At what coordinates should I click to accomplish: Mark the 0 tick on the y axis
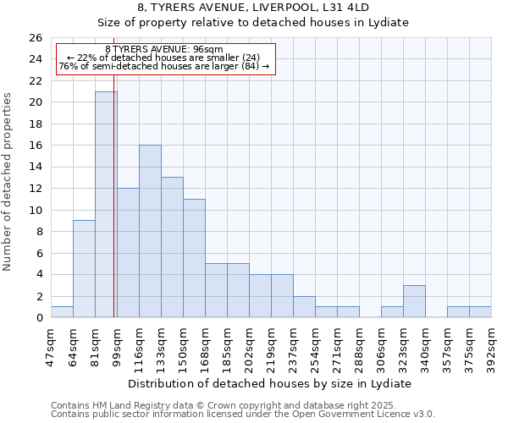(38, 318)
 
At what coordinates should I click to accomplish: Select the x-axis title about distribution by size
(271, 383)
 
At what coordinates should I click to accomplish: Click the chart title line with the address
(253, 8)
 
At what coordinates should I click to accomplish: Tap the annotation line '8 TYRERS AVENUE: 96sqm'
(164, 49)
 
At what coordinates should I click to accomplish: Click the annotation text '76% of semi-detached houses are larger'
(164, 66)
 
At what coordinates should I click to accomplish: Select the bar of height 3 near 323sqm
(414, 301)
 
